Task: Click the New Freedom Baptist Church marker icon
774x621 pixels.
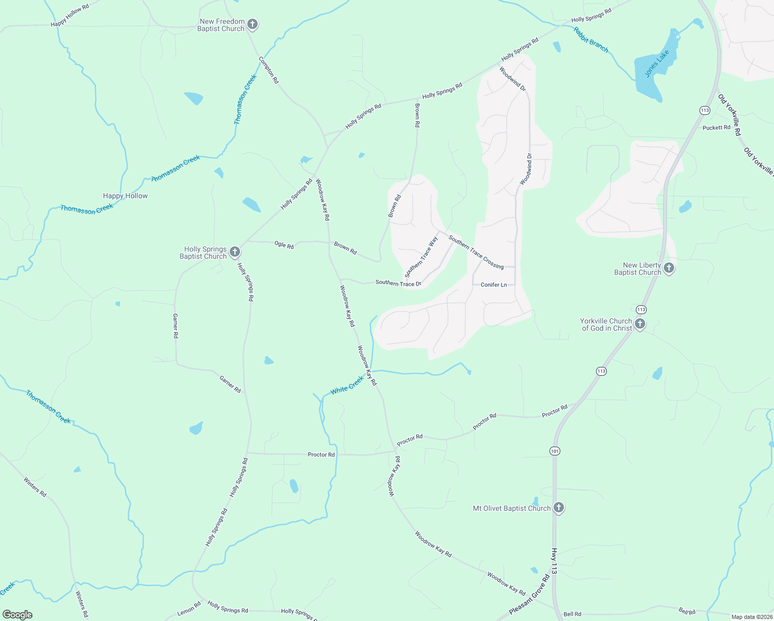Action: click(x=252, y=24)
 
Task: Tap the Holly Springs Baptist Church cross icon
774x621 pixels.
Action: click(x=234, y=252)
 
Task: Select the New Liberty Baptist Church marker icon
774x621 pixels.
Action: click(x=668, y=268)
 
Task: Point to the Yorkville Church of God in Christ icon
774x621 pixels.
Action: click(x=639, y=324)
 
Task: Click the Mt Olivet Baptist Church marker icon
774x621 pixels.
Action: click(x=558, y=508)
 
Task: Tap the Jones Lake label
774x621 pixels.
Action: click(x=657, y=64)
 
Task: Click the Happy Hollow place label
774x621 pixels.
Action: click(x=125, y=196)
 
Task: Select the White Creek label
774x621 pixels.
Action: click(x=347, y=385)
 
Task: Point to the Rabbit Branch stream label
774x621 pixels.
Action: click(x=591, y=39)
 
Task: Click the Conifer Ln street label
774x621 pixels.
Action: click(x=494, y=285)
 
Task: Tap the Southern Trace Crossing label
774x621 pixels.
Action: click(x=476, y=252)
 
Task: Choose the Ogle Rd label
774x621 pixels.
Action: click(x=284, y=245)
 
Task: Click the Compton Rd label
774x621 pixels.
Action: click(x=269, y=70)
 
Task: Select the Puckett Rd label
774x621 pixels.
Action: click(x=716, y=127)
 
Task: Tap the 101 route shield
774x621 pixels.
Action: click(x=555, y=451)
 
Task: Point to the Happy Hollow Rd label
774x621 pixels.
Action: click(x=70, y=16)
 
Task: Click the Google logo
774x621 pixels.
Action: click(x=18, y=615)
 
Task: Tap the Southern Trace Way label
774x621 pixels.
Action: click(x=421, y=257)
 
